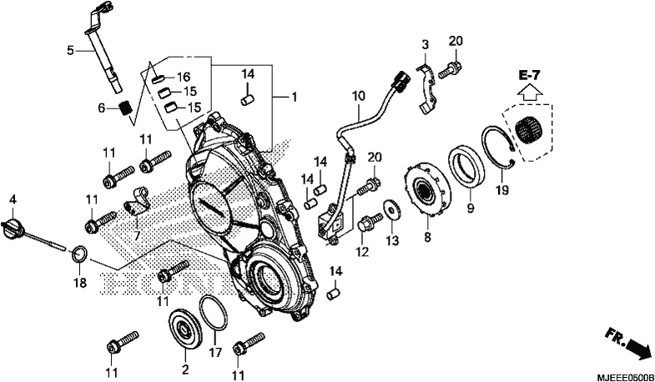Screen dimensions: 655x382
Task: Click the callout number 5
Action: pyautogui.click(x=70, y=51)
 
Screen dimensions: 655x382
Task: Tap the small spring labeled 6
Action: pyautogui.click(x=126, y=108)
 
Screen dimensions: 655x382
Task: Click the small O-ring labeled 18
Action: pyautogui.click(x=79, y=254)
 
